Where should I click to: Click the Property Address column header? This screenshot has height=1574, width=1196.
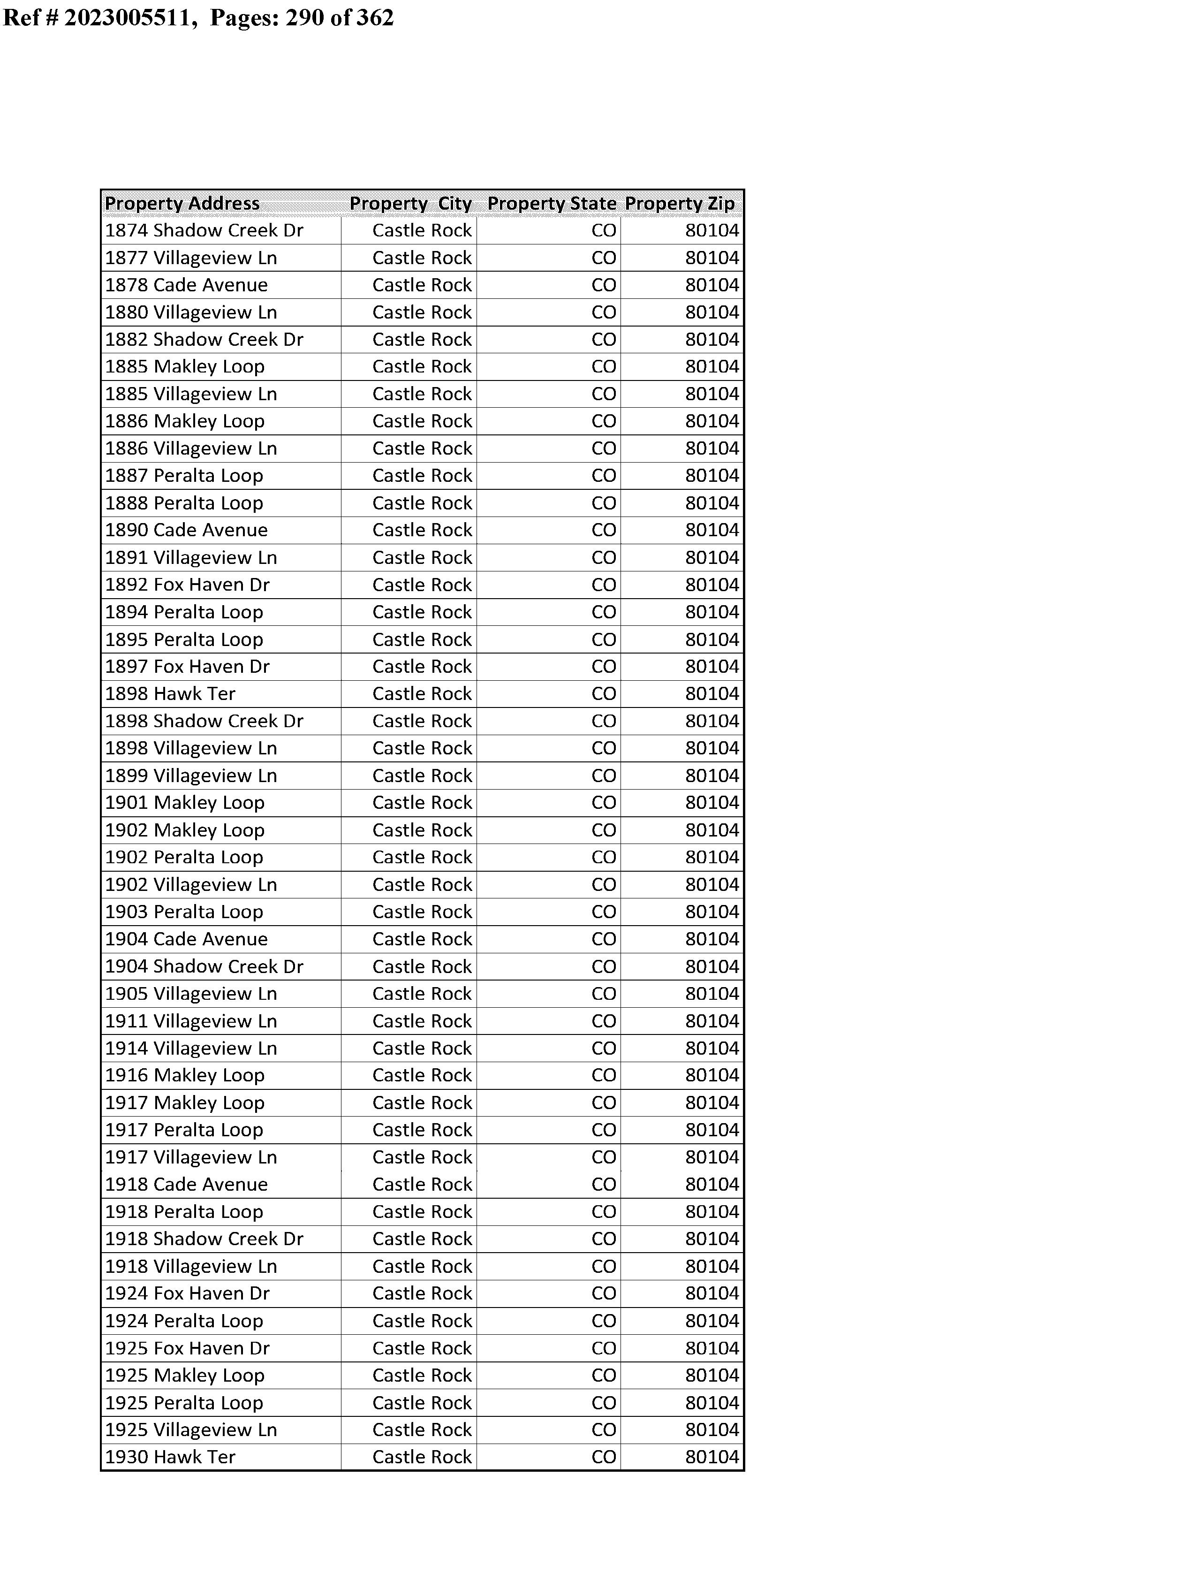click(182, 204)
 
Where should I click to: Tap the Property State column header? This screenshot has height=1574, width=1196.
click(552, 204)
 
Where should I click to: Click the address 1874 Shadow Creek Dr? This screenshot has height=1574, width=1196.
click(204, 231)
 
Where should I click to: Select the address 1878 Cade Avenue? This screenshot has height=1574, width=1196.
click(187, 285)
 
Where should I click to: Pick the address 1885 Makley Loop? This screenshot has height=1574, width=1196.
click(185, 366)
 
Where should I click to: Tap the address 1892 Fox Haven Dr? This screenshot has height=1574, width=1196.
click(187, 585)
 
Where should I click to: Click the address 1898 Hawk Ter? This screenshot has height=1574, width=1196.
click(170, 694)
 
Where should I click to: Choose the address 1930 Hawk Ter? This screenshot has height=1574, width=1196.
click(170, 1457)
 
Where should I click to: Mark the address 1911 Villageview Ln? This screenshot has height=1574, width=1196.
click(191, 1021)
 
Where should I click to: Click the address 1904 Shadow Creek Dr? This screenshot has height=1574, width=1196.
click(204, 967)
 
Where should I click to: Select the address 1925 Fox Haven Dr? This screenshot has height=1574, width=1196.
click(187, 1348)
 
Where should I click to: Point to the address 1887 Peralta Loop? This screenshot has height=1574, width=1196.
click(184, 476)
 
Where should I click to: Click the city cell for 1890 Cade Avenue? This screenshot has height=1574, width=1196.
click(422, 530)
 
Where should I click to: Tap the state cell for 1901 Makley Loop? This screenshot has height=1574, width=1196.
click(604, 803)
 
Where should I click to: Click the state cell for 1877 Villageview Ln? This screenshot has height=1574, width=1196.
click(604, 259)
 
